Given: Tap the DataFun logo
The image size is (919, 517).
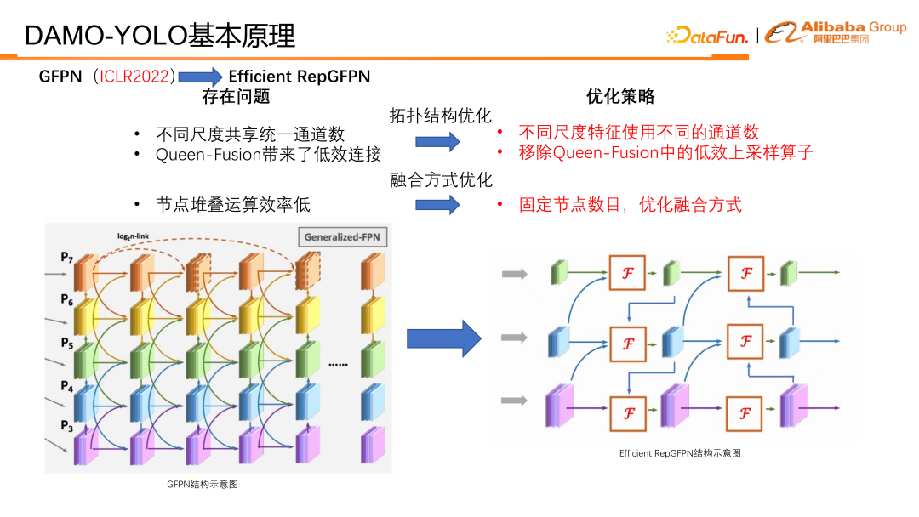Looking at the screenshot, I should pos(707,36).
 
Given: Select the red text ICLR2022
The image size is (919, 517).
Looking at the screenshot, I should pos(137,77).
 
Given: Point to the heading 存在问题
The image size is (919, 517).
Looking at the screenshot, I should pos(236,97).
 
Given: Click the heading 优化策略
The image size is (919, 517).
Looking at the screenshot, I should pos(620,97).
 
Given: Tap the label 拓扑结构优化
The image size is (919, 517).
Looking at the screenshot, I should pos(440,116).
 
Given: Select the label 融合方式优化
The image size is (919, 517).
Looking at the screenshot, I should pos(441,180).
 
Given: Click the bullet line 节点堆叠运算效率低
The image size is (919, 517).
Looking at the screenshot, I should pos(233,205).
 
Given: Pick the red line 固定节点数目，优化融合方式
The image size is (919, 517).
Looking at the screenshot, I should pos(630,205).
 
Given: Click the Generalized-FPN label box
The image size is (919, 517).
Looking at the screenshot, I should pos(340,238).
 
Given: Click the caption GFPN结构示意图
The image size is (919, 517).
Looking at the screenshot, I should pos(202,484).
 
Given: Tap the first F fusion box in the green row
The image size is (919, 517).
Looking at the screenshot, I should pos(628,273).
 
